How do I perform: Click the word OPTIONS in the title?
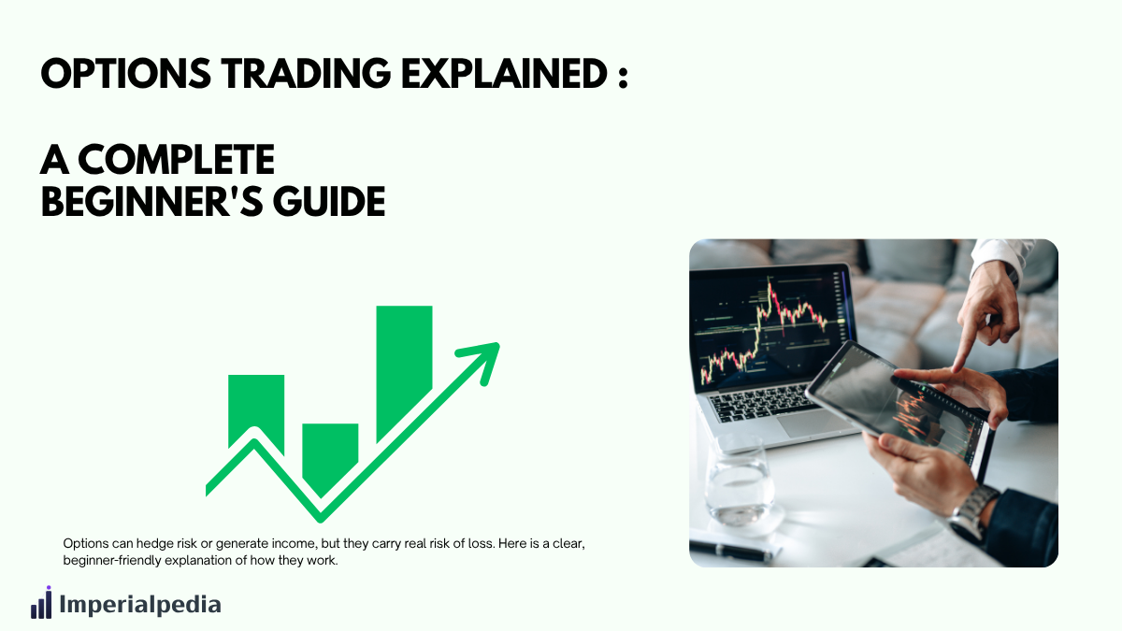click(125, 74)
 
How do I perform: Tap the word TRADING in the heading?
click(306, 74)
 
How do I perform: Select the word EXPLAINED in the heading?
click(504, 74)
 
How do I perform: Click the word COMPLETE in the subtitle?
click(177, 160)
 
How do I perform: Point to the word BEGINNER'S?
click(151, 202)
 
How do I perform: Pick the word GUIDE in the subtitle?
click(329, 202)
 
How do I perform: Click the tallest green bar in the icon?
click(404, 373)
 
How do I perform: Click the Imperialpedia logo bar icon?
click(41, 602)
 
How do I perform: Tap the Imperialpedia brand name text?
click(140, 604)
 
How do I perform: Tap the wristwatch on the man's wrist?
click(971, 513)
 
